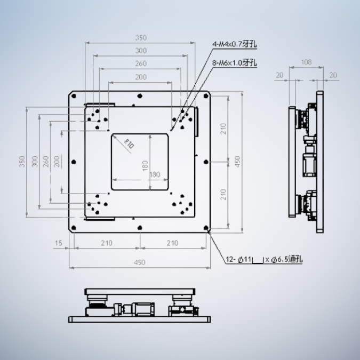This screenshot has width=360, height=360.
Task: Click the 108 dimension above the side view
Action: (x=306, y=62)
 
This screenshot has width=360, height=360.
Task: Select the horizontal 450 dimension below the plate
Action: (x=139, y=262)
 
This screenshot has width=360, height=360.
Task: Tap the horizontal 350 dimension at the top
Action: (x=140, y=38)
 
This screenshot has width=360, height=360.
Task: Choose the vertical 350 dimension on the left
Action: (x=22, y=162)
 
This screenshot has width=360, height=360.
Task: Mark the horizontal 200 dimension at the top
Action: (x=140, y=77)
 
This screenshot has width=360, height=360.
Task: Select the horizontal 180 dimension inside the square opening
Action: (x=155, y=174)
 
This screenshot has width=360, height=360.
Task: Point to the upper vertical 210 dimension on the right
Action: (x=223, y=128)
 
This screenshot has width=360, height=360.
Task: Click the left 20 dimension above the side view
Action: (x=279, y=76)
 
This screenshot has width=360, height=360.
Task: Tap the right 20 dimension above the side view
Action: (x=333, y=76)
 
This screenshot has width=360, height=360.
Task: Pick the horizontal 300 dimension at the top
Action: (x=140, y=51)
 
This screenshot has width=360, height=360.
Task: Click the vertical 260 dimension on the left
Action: (x=46, y=161)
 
